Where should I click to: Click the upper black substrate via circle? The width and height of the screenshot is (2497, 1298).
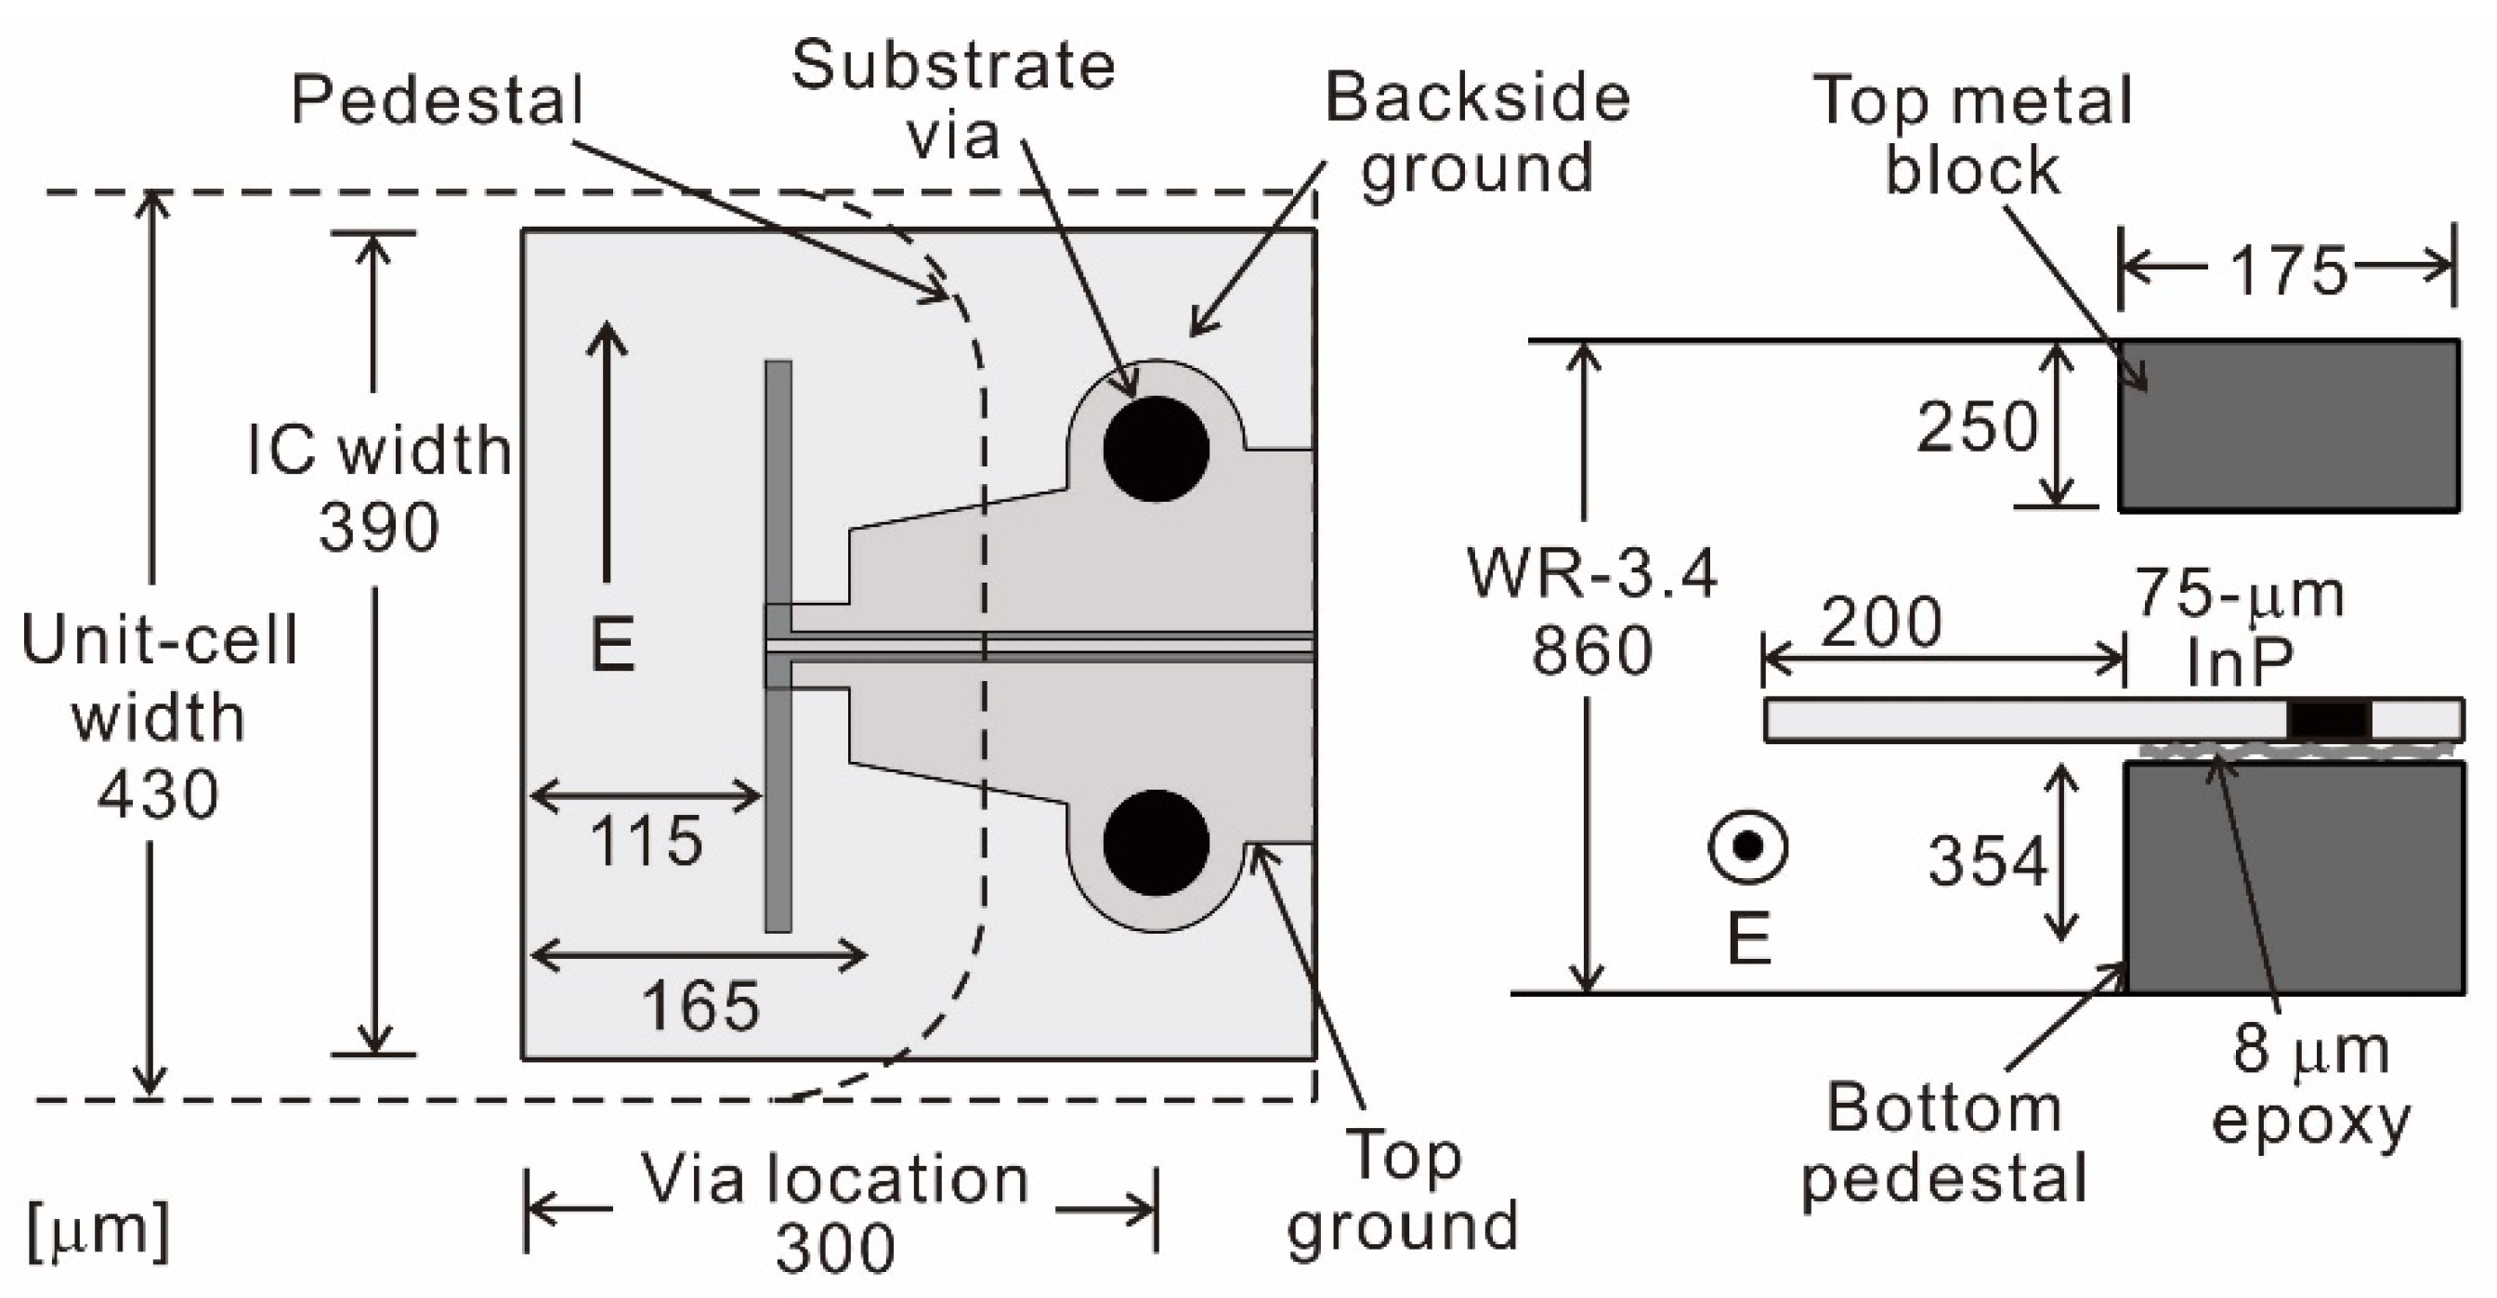coord(1156,449)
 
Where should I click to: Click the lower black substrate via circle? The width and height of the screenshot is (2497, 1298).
coord(1156,843)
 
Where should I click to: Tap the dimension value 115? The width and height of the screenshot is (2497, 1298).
coord(646,841)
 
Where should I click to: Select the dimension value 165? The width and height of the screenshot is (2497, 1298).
coord(699,1005)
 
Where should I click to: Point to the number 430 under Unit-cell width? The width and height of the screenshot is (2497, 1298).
coord(158,795)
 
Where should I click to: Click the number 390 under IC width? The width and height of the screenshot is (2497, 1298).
coord(379,529)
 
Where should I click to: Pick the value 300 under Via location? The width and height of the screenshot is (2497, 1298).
coord(834,1249)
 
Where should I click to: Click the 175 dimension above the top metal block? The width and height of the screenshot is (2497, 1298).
coord(2289,270)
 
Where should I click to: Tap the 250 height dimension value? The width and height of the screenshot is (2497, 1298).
coord(1978,427)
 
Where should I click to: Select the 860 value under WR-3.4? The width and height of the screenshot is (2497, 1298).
coord(1591,650)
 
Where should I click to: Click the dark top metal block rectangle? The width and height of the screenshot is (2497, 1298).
coord(2289,425)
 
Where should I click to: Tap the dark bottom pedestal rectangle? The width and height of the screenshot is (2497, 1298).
coord(2294,877)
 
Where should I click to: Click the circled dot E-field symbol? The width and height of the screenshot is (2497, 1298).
coord(1747,846)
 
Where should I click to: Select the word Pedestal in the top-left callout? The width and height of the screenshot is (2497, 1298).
coord(438,99)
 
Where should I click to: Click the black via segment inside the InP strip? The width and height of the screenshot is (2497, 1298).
coord(2328,720)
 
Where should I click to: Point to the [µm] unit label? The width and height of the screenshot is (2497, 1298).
coord(97,1231)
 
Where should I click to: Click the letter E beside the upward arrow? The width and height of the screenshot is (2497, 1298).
coord(612,646)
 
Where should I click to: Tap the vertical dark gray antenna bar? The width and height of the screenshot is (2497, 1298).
coord(778,485)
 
